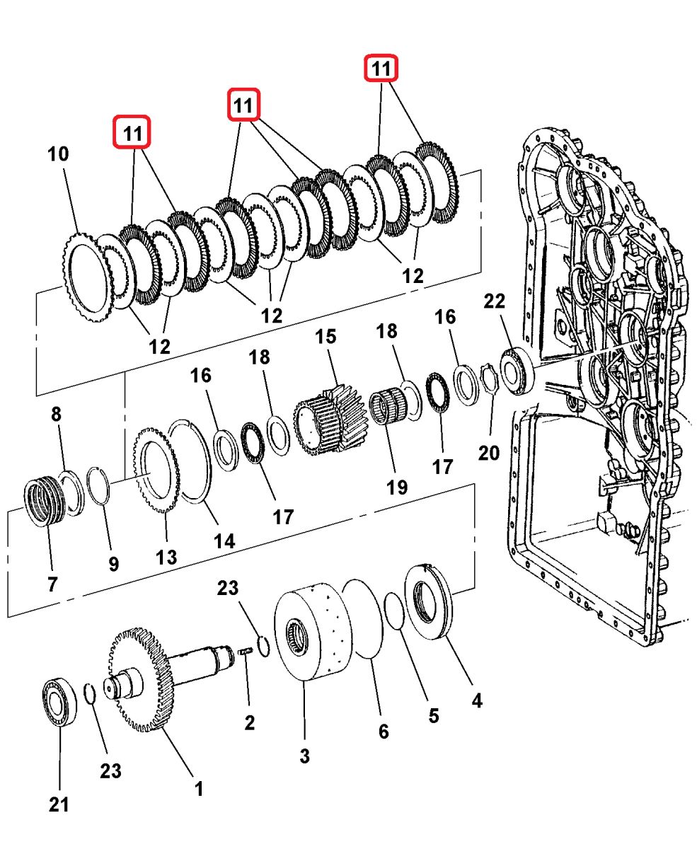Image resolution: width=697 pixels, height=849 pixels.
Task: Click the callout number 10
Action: click(59, 154)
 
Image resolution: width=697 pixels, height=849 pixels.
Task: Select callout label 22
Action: click(495, 301)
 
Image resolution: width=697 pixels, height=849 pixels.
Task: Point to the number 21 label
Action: click(59, 804)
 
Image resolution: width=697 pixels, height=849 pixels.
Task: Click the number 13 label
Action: click(166, 557)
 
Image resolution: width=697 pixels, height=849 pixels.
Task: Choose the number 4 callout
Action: click(477, 700)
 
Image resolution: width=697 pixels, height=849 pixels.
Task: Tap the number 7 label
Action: click(52, 584)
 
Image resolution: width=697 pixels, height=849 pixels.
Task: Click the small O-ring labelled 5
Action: click(394, 611)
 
